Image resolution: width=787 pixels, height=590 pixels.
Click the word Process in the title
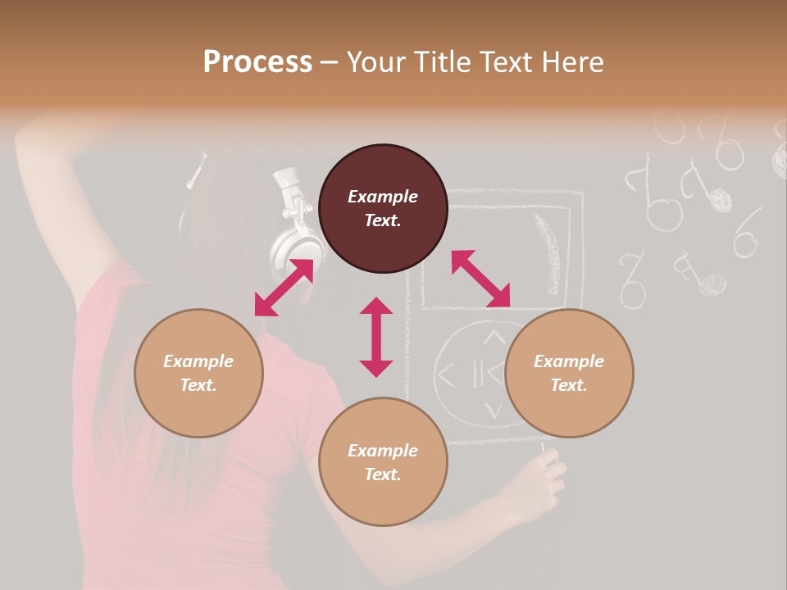coord(257,62)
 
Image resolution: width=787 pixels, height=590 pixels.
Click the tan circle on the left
coord(198,373)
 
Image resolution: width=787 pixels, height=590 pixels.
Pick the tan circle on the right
coord(569,373)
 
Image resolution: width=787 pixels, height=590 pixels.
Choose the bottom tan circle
coord(383,462)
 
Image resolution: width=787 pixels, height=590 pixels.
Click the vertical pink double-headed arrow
coord(376,337)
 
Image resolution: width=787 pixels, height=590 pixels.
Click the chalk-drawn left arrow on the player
coord(446,375)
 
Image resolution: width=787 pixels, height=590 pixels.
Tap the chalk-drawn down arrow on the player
coord(492,409)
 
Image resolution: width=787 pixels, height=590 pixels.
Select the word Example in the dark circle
coord(383,197)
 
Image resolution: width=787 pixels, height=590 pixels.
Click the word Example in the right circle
coord(569,361)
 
